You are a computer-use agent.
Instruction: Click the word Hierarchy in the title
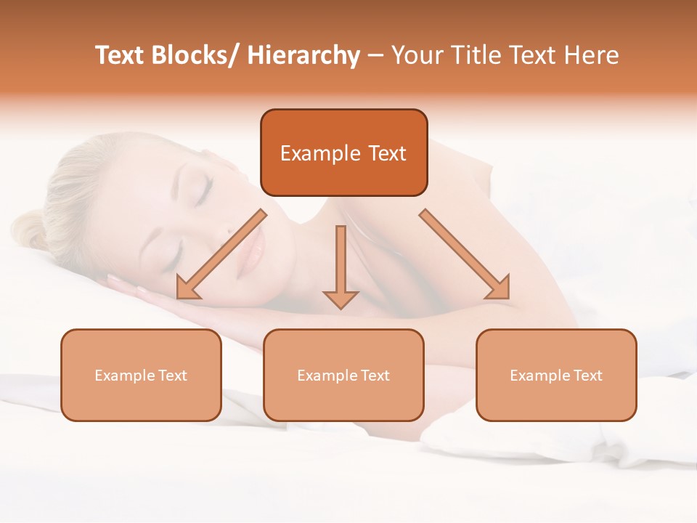303,55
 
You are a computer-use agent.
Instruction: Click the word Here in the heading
589,55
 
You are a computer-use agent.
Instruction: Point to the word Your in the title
417,55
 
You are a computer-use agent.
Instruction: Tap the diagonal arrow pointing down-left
222,254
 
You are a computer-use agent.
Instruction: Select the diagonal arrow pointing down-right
465,254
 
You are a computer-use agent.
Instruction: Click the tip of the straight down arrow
341,307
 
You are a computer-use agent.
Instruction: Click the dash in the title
375,55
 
